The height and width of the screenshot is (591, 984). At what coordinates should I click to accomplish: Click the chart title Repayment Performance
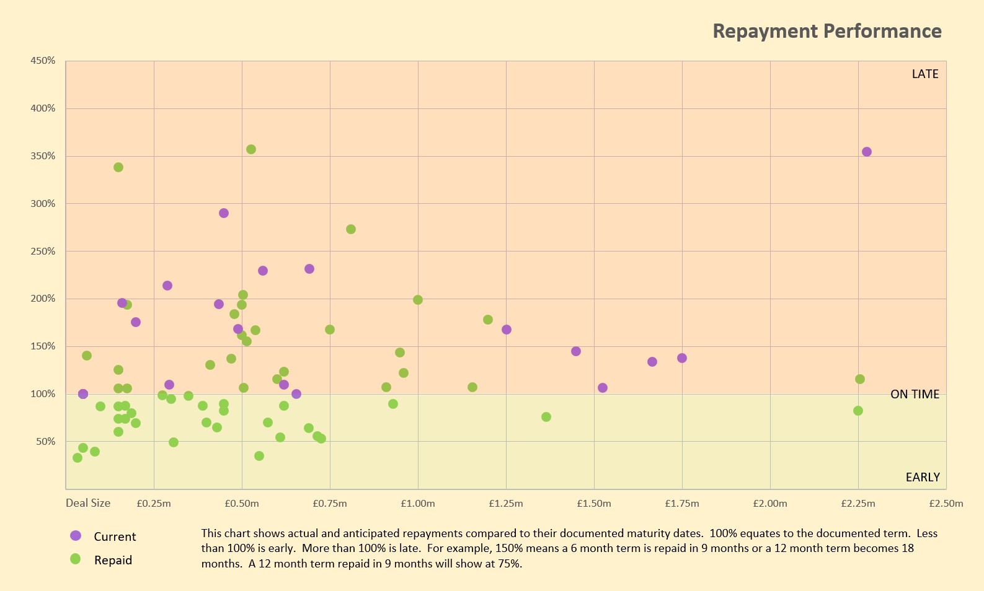coord(827,31)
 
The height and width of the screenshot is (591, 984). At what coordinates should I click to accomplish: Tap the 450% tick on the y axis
coord(43,61)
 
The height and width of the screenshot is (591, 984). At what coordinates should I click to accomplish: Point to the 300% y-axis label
coord(43,204)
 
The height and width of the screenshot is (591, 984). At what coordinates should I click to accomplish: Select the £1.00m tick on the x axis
coord(418,504)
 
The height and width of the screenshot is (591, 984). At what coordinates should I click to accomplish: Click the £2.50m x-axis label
coord(946,504)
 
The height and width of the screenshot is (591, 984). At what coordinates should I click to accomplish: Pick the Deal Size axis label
coord(88,503)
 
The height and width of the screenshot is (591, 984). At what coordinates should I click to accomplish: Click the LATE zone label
coord(924,74)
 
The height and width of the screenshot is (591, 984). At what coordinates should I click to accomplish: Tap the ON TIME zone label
coord(915,395)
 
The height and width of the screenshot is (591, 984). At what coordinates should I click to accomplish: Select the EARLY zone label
coord(923,478)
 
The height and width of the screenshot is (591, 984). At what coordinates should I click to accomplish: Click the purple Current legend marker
coord(76,536)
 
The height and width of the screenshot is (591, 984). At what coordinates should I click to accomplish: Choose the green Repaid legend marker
coord(76,559)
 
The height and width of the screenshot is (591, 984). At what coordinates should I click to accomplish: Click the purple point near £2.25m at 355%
coord(867,152)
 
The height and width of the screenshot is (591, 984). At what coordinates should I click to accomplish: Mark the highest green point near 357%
coord(251,149)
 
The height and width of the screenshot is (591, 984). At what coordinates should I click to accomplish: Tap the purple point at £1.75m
coord(682,358)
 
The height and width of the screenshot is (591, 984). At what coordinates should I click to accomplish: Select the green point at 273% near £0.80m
coord(351,229)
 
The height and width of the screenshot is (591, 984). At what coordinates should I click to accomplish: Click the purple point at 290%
coord(224,213)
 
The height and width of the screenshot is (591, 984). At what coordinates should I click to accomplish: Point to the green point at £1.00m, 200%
coord(418,300)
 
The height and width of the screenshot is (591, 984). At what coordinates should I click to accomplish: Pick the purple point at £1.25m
coord(507,330)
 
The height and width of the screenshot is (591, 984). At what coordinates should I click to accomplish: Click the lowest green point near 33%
coord(78,458)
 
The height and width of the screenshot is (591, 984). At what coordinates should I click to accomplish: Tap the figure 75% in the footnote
coord(509,564)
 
